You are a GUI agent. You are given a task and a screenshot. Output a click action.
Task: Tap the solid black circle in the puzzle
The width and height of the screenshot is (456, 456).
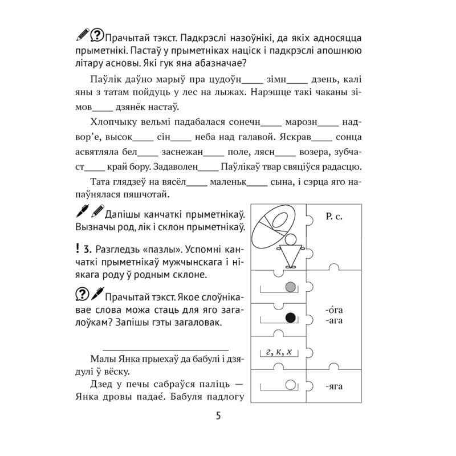pos(291,318)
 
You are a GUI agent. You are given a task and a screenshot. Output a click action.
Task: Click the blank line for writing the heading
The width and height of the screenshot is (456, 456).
pos(165,347)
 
